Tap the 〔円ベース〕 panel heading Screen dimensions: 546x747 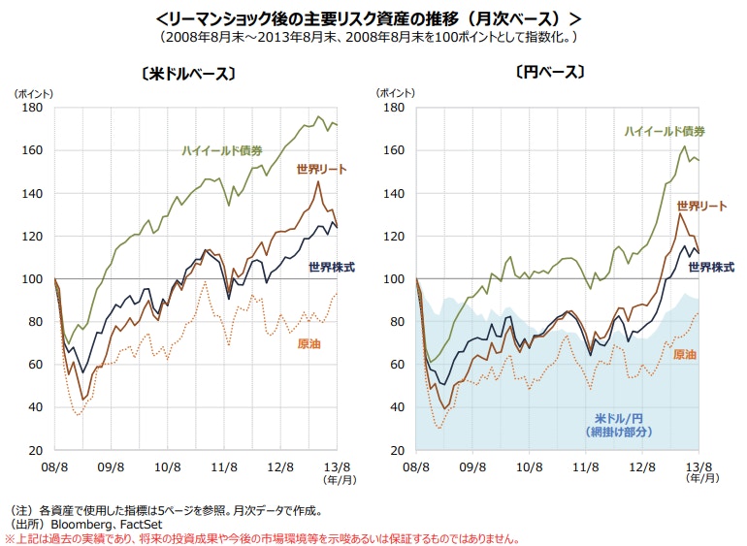(550, 73)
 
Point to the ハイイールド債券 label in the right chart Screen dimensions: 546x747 (665, 131)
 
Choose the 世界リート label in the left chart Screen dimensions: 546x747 (321, 170)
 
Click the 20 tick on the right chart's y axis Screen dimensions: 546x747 (395, 450)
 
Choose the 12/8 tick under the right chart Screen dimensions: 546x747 (642, 467)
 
